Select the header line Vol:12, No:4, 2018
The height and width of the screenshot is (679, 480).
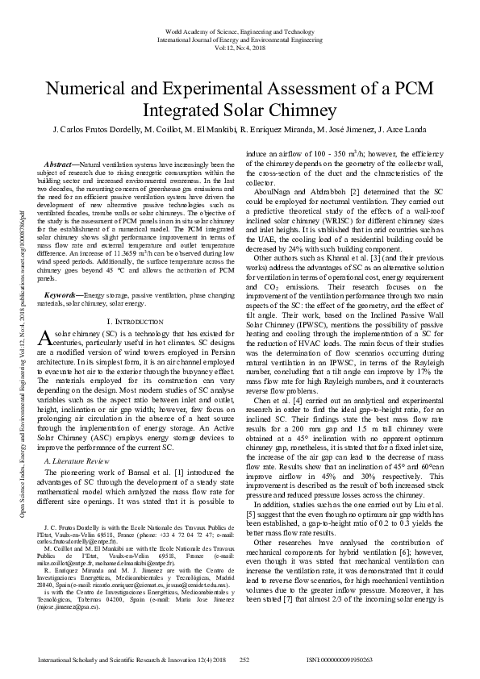(x=240, y=48)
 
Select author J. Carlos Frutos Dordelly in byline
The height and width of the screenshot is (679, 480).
(x=95, y=129)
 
